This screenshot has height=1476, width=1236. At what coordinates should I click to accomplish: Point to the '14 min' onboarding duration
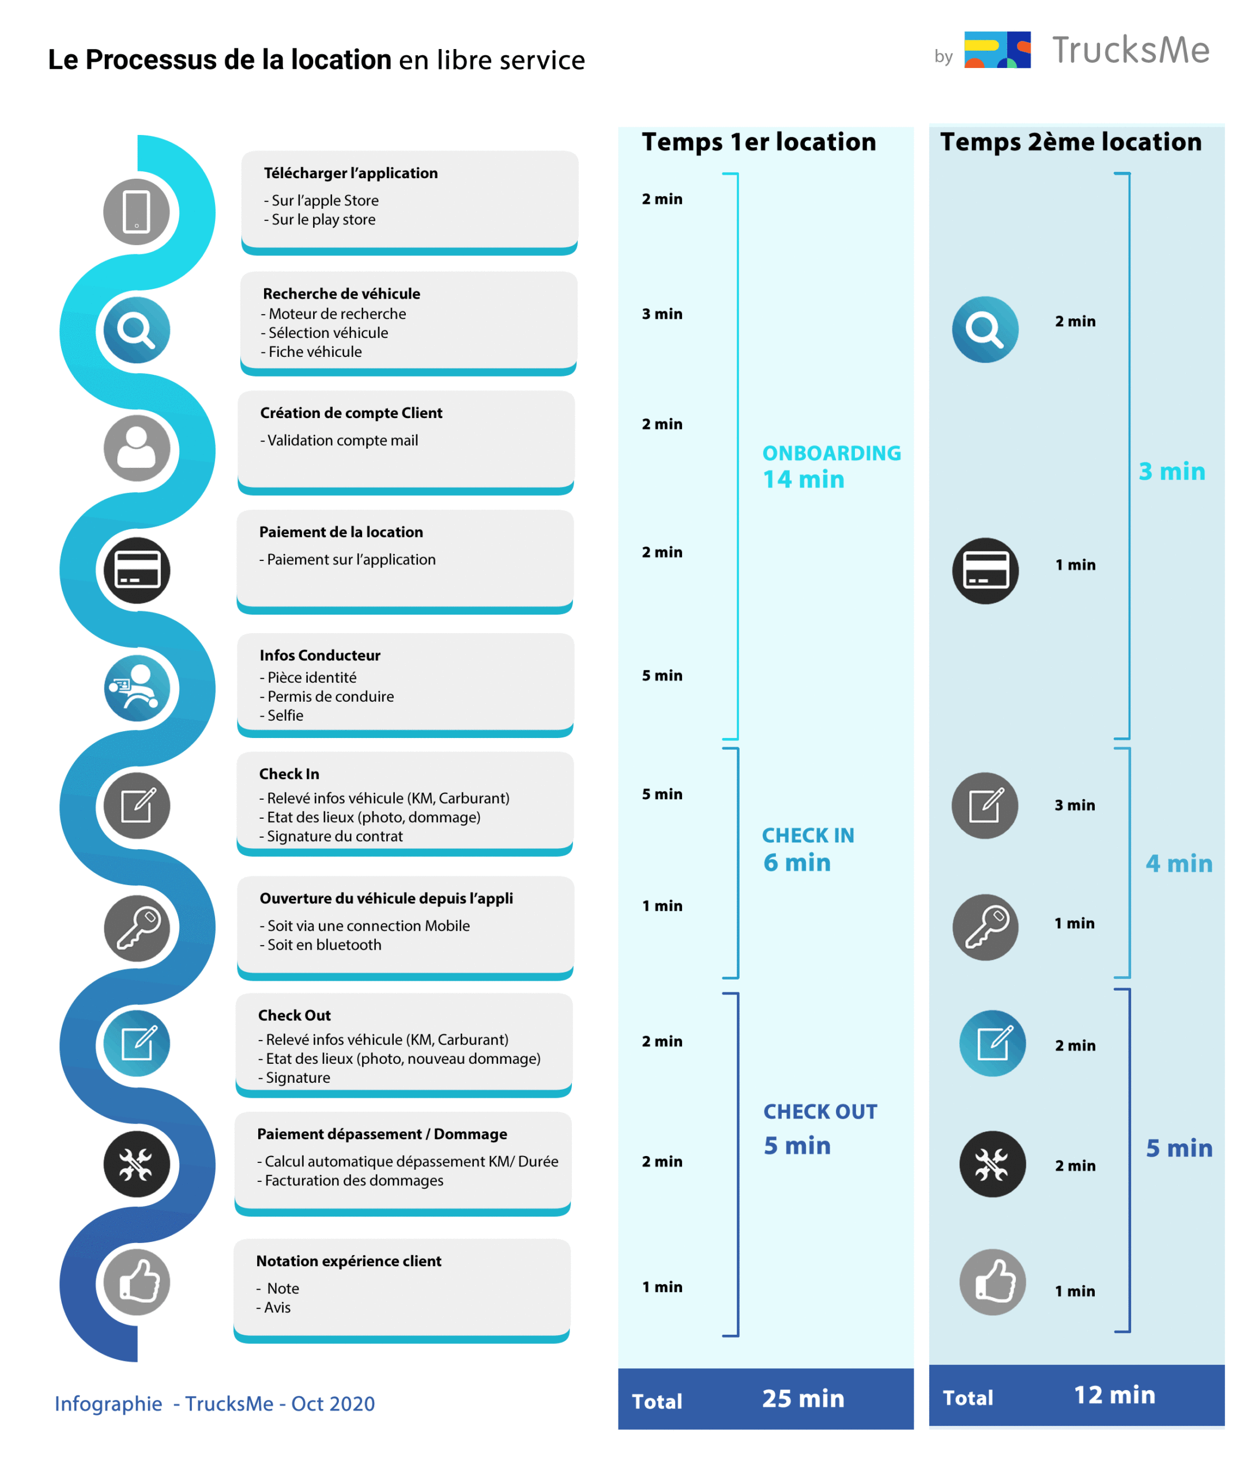pyautogui.click(x=803, y=479)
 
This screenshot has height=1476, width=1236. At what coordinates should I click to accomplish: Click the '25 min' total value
pyautogui.click(x=803, y=1398)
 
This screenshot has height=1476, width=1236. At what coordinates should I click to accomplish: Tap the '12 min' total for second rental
pyautogui.click(x=1114, y=1395)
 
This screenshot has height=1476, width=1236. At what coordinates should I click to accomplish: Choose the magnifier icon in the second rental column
pyautogui.click(x=985, y=330)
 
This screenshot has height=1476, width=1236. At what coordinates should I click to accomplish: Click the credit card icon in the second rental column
pyautogui.click(x=985, y=571)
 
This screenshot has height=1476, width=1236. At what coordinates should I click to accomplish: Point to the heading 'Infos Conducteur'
pyautogui.click(x=320, y=655)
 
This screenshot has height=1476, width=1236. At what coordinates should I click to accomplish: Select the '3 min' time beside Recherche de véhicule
pyautogui.click(x=662, y=314)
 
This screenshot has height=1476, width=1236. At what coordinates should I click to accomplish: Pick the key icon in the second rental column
pyautogui.click(x=985, y=928)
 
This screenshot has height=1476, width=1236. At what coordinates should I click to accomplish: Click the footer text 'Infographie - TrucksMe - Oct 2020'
pyautogui.click(x=214, y=1403)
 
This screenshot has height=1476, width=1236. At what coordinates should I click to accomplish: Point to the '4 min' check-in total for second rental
pyautogui.click(x=1178, y=863)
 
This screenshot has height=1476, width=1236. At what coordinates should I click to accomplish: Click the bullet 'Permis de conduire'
pyautogui.click(x=330, y=696)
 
